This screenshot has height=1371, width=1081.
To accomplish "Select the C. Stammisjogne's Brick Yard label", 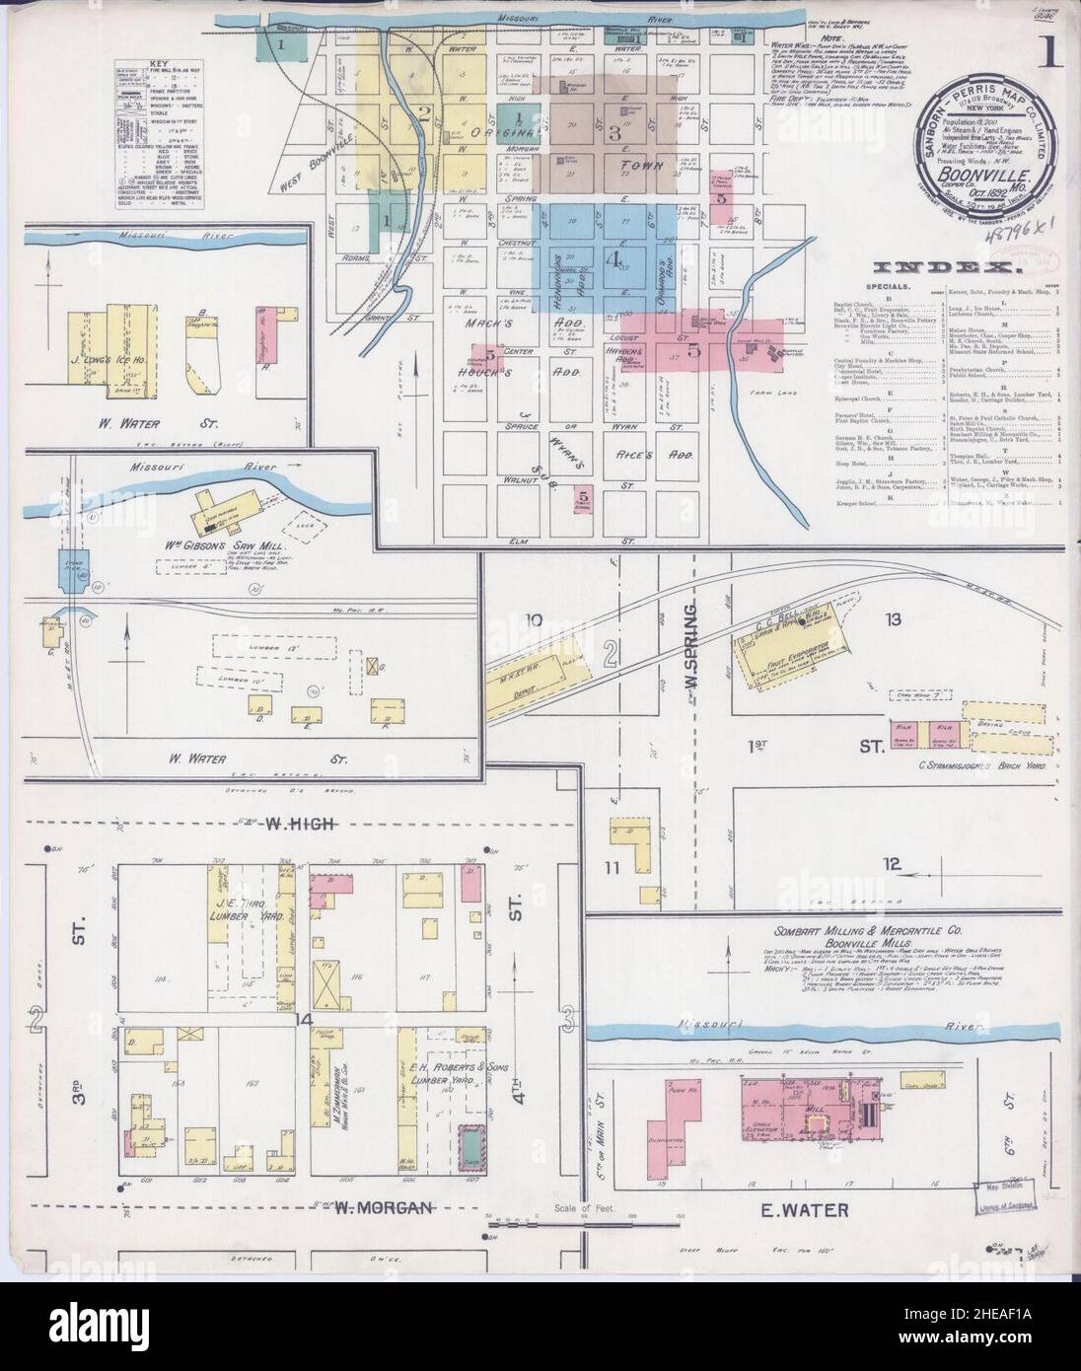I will (x=953, y=764).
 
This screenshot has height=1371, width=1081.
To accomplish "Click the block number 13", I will (x=894, y=619).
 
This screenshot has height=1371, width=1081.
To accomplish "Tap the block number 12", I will (x=893, y=864).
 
